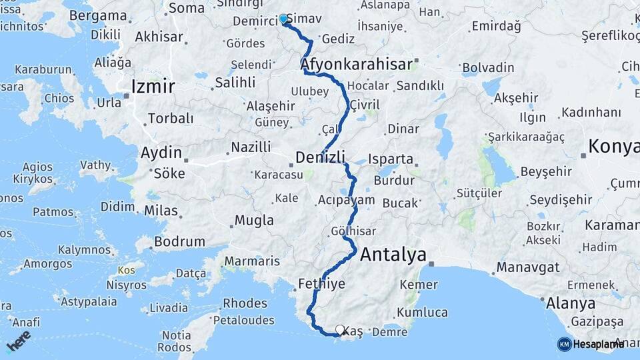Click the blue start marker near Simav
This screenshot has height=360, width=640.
coord(283,19)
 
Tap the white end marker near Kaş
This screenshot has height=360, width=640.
coord(340,329)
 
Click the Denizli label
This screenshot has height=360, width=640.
coord(321,157)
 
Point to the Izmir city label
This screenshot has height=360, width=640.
coord(153,86)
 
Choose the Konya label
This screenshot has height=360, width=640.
coord(614,147)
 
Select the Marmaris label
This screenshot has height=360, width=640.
coord(252,261)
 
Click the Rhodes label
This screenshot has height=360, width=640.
coord(245,303)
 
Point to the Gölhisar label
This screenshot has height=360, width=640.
coord(353,231)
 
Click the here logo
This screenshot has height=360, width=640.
coord(19,339)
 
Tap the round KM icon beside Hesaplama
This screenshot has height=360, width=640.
coord(565,344)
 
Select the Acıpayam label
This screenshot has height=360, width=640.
coord(347,199)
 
